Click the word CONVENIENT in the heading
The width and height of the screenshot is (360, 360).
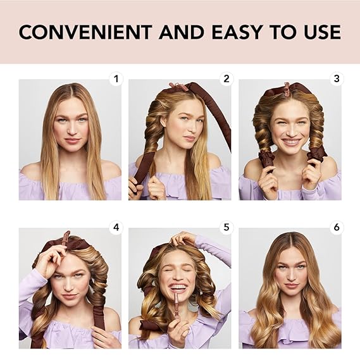(x=85, y=32)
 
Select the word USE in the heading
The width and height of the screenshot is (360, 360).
(x=323, y=32)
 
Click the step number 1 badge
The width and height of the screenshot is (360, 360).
(x=116, y=79)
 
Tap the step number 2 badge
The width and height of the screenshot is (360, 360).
(x=226, y=79)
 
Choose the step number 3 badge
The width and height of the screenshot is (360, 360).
(x=337, y=79)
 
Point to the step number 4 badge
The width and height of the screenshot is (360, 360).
(x=116, y=228)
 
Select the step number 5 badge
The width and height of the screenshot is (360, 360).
(x=226, y=228)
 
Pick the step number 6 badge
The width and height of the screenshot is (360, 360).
(x=337, y=228)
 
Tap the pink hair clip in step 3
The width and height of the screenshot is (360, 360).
(x=287, y=88)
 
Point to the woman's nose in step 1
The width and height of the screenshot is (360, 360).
(x=71, y=130)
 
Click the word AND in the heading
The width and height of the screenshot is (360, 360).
(x=182, y=32)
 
